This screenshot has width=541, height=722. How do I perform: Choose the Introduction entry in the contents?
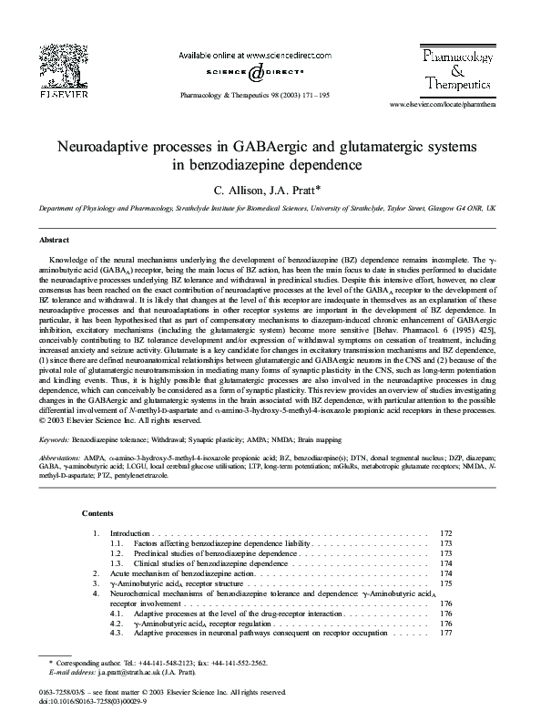[x=129, y=532]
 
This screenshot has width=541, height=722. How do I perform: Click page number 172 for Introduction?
[x=445, y=532]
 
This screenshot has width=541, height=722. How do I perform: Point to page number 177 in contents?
[x=445, y=634]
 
